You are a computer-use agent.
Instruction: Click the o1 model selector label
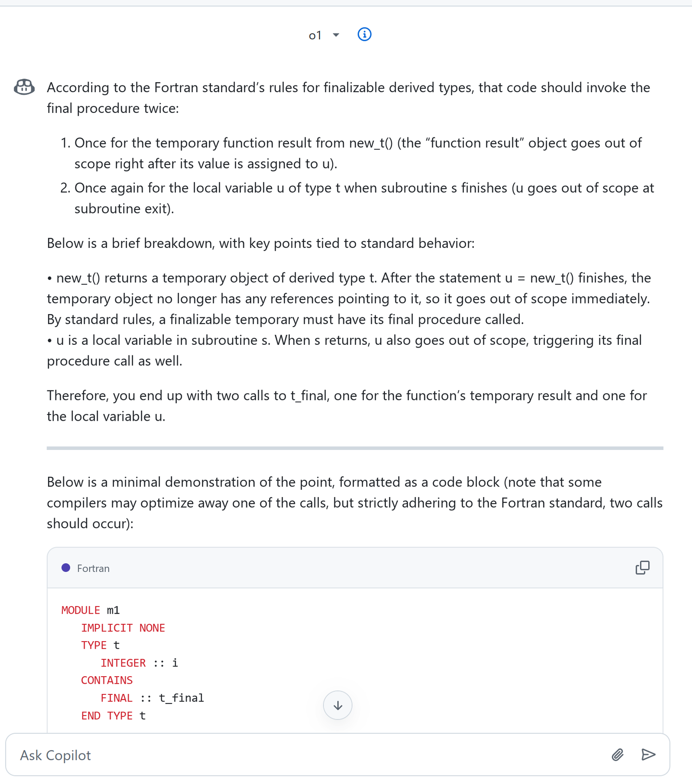tap(315, 36)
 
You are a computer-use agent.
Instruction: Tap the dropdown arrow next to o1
tap(336, 35)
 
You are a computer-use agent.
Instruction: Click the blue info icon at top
tap(364, 35)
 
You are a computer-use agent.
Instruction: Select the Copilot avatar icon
tap(24, 87)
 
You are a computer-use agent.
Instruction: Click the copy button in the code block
tap(642, 568)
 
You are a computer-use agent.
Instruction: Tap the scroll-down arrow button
tap(338, 705)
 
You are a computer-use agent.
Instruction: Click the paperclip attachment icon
tap(618, 755)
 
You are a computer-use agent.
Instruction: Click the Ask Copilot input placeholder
tap(56, 755)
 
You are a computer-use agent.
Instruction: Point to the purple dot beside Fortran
tap(66, 568)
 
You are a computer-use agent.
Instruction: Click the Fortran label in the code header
tap(93, 569)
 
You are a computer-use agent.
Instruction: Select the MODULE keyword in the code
tap(80, 610)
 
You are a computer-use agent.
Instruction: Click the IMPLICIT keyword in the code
tap(107, 628)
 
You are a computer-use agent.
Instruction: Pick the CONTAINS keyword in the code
tap(107, 680)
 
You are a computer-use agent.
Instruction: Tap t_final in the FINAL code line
tap(181, 698)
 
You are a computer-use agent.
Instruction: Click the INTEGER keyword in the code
tap(123, 663)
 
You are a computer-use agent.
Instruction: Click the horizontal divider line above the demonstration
tap(355, 448)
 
